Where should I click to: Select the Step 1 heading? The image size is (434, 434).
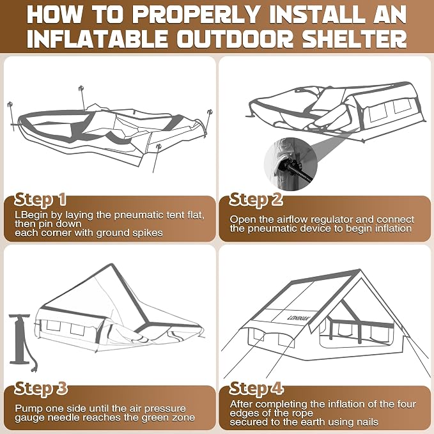pos(40,199)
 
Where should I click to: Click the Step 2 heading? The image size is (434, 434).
pos(256,199)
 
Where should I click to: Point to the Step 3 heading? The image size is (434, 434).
pos(41,389)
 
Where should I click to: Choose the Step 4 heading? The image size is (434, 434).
pos(256,389)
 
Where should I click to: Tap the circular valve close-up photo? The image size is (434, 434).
pos(291,164)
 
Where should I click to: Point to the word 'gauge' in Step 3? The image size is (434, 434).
pos(27,417)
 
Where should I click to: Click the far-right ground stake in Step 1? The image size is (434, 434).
pos(208,123)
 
